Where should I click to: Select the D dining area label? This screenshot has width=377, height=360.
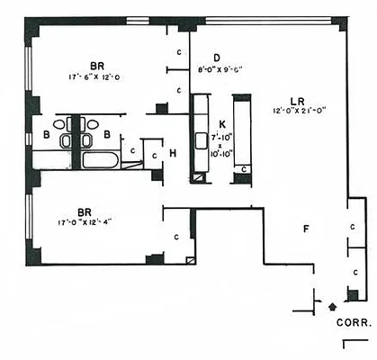pos(217,56)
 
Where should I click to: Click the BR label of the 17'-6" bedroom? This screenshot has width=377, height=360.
pos(97,64)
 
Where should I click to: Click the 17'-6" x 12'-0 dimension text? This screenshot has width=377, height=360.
pos(97,77)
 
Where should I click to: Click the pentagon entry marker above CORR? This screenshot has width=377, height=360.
pos(332,307)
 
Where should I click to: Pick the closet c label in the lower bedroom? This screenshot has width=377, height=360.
pos(176,235)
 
